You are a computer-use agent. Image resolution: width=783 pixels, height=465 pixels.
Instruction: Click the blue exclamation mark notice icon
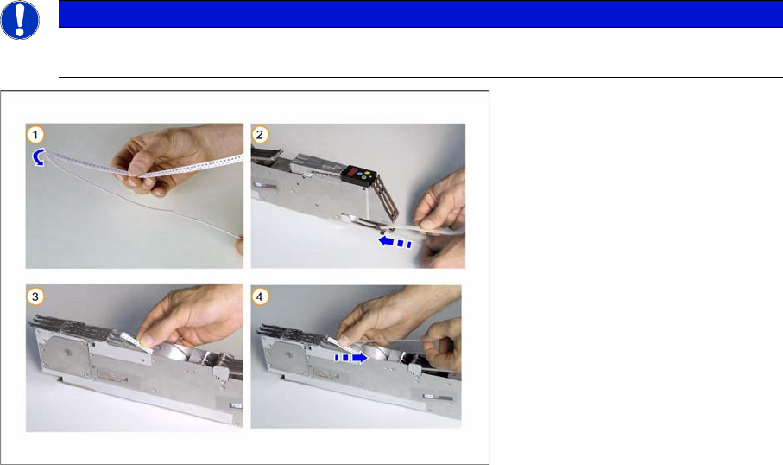20,20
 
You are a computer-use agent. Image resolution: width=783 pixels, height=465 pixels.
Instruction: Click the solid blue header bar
420,14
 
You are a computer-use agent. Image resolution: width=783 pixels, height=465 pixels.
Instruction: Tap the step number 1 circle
35,135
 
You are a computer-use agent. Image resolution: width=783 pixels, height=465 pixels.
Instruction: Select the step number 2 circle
259,135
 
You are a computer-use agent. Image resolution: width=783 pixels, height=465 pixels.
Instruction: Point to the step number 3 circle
35,296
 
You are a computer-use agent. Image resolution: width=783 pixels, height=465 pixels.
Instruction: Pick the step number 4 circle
259,296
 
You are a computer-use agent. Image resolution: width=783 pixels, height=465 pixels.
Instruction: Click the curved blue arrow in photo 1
36,157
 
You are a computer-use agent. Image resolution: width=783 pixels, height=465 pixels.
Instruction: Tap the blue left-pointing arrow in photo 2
395,243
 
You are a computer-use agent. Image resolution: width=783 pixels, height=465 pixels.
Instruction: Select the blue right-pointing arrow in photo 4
351,358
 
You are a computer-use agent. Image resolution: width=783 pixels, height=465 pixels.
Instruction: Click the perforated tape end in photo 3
136,341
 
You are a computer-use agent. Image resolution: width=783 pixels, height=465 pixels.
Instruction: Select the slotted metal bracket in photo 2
387,197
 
